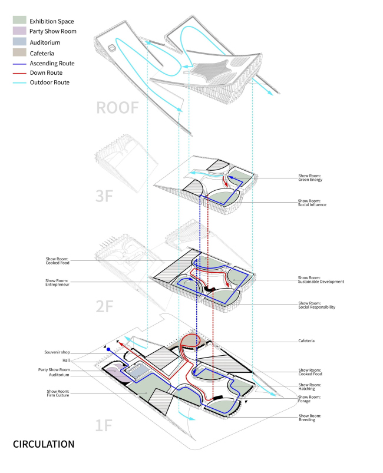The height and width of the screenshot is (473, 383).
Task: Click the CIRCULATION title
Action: pos(44,444)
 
